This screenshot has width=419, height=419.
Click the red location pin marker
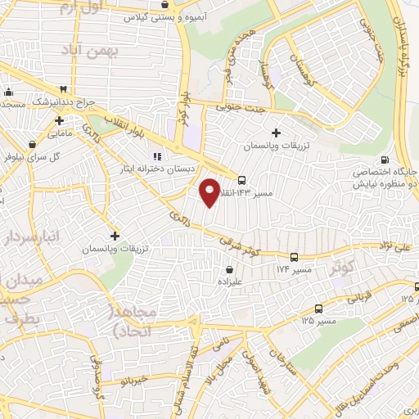pyautogui.click(x=209, y=191)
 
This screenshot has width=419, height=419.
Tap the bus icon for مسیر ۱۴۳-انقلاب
pyautogui.click(x=241, y=179)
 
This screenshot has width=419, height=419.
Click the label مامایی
pyautogui.click(x=59, y=132)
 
